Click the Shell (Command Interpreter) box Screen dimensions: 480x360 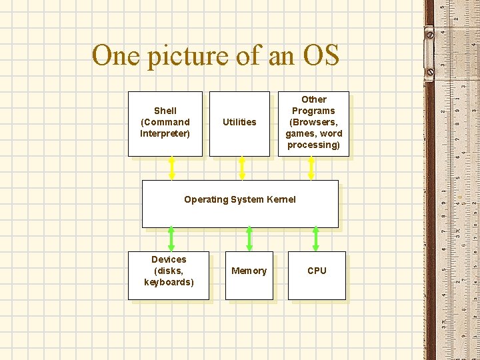click(x=165, y=123)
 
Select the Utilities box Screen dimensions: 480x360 click(x=239, y=123)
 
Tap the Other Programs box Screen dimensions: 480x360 click(x=313, y=123)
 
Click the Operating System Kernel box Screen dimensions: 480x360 click(x=240, y=204)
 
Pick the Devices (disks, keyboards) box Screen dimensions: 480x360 click(x=169, y=275)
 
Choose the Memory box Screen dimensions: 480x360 click(x=249, y=275)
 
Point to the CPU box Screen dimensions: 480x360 click(x=317, y=275)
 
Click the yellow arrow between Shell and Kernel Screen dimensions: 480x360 click(x=172, y=168)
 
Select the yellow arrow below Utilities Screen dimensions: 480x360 click(x=242, y=168)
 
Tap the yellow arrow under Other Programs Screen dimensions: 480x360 click(x=311, y=168)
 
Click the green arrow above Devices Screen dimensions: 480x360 click(x=171, y=239)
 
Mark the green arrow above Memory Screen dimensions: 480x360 click(x=249, y=239)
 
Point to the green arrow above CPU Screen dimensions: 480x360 click(x=316, y=239)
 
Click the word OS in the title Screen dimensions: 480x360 click(x=321, y=55)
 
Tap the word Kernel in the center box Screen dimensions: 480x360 click(x=281, y=199)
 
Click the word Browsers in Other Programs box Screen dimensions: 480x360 click(x=313, y=122)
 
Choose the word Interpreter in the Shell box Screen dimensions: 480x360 click(x=165, y=133)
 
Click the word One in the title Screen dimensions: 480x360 click(x=113, y=55)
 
